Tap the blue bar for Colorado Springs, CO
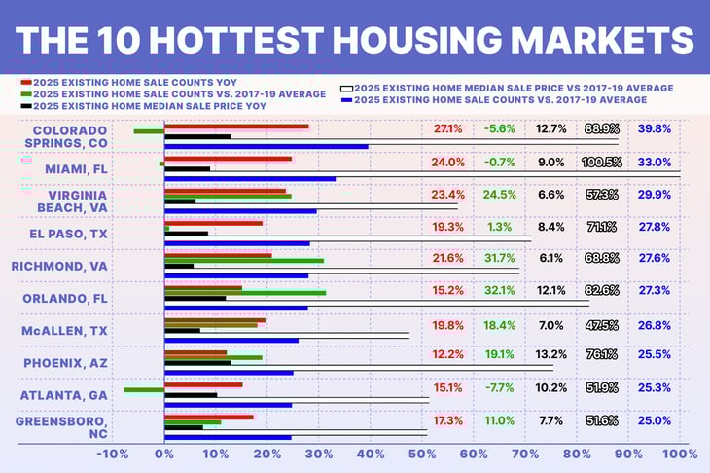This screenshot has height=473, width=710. [x=266, y=146]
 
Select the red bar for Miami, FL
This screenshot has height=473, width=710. [x=228, y=159]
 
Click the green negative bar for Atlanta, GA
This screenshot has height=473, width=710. [x=144, y=390]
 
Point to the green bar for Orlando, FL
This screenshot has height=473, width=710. [x=245, y=292]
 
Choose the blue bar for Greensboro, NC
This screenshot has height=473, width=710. [x=228, y=437]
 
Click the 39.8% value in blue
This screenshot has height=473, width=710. [x=654, y=128]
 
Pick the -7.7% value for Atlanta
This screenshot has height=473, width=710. [x=498, y=387]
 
